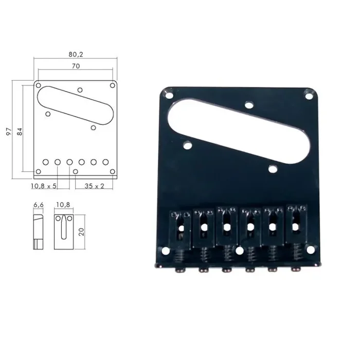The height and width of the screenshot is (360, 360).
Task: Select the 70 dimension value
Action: point(76,66)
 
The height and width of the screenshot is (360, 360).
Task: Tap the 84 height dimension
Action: point(20,131)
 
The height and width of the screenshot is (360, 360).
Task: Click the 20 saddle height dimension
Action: point(81,231)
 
